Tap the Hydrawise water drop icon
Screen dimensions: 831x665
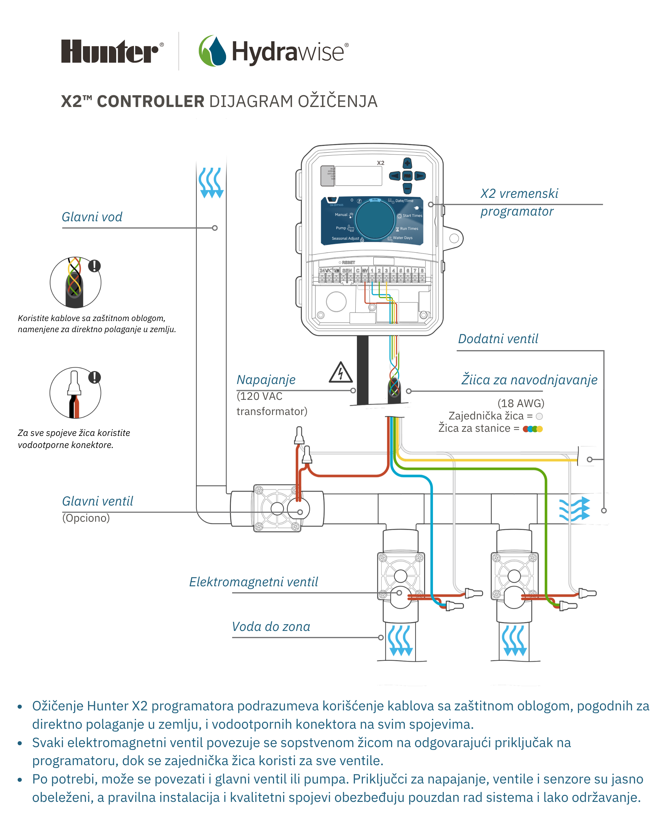coord(213,51)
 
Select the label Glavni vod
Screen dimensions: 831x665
coord(92,217)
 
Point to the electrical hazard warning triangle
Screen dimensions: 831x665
coord(340,373)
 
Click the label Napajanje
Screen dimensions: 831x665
coord(266,380)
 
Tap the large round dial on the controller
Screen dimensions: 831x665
coord(374,219)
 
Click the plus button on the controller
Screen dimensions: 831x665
coord(407,163)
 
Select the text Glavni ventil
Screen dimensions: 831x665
coord(98,501)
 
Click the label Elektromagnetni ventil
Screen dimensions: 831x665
coord(253,582)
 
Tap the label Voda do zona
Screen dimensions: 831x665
coord(271,626)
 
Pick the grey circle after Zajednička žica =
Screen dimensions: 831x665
coord(539,416)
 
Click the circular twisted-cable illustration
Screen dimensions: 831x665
coord(76,282)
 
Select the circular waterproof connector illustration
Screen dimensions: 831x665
coord(76,393)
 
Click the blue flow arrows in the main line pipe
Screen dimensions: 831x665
coord(211,183)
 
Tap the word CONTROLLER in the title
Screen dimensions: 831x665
coord(150,101)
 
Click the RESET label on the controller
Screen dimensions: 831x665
coord(348,262)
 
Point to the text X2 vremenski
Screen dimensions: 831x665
coord(519,193)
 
